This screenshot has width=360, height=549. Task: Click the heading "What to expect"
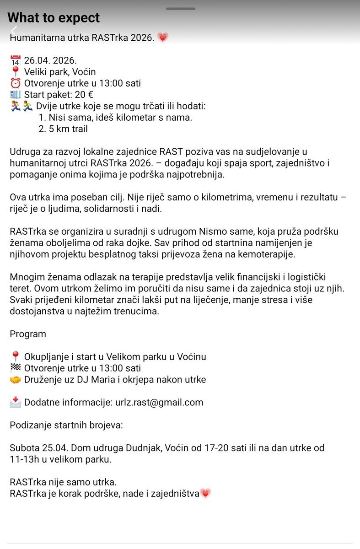click(54, 18)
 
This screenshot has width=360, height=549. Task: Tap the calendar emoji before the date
click(16, 60)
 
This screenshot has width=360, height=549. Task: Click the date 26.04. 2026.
click(50, 60)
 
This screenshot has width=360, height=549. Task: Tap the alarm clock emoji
click(16, 83)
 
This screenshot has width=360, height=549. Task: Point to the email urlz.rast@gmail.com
click(159, 403)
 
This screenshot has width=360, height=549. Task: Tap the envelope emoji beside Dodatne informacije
click(16, 402)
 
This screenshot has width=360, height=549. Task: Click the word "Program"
click(28, 334)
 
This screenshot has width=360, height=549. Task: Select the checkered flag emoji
click(15, 368)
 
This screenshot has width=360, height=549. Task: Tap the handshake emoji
click(16, 380)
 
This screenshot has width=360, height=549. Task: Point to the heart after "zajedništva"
click(205, 494)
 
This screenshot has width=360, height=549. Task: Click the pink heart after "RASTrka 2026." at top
click(163, 38)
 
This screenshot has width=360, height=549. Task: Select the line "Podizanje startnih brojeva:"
click(66, 425)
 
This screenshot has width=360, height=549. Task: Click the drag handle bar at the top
click(180, 8)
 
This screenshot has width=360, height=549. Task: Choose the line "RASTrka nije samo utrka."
click(63, 482)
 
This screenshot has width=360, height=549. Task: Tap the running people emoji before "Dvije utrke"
click(21, 106)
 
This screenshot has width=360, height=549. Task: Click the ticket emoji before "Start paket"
click(16, 95)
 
